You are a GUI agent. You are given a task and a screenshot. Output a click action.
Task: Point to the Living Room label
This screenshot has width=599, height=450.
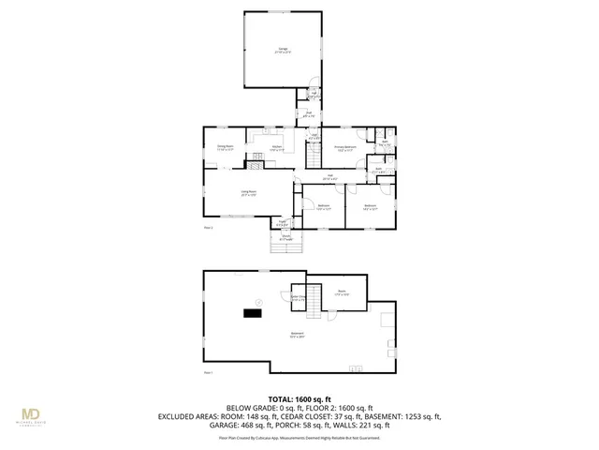point(248,192)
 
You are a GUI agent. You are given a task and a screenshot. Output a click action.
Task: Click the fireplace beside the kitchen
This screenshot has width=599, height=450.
point(255,165)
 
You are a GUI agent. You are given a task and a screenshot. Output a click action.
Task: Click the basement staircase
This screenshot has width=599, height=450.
point(314,299)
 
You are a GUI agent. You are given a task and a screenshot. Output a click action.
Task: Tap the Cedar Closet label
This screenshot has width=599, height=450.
point(299,297)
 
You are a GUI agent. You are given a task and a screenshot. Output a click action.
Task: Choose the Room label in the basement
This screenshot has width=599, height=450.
point(342,292)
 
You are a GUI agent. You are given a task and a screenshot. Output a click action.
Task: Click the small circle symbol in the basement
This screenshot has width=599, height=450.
point(261,300)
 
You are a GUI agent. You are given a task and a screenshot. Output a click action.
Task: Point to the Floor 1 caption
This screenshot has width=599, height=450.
point(209,372)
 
